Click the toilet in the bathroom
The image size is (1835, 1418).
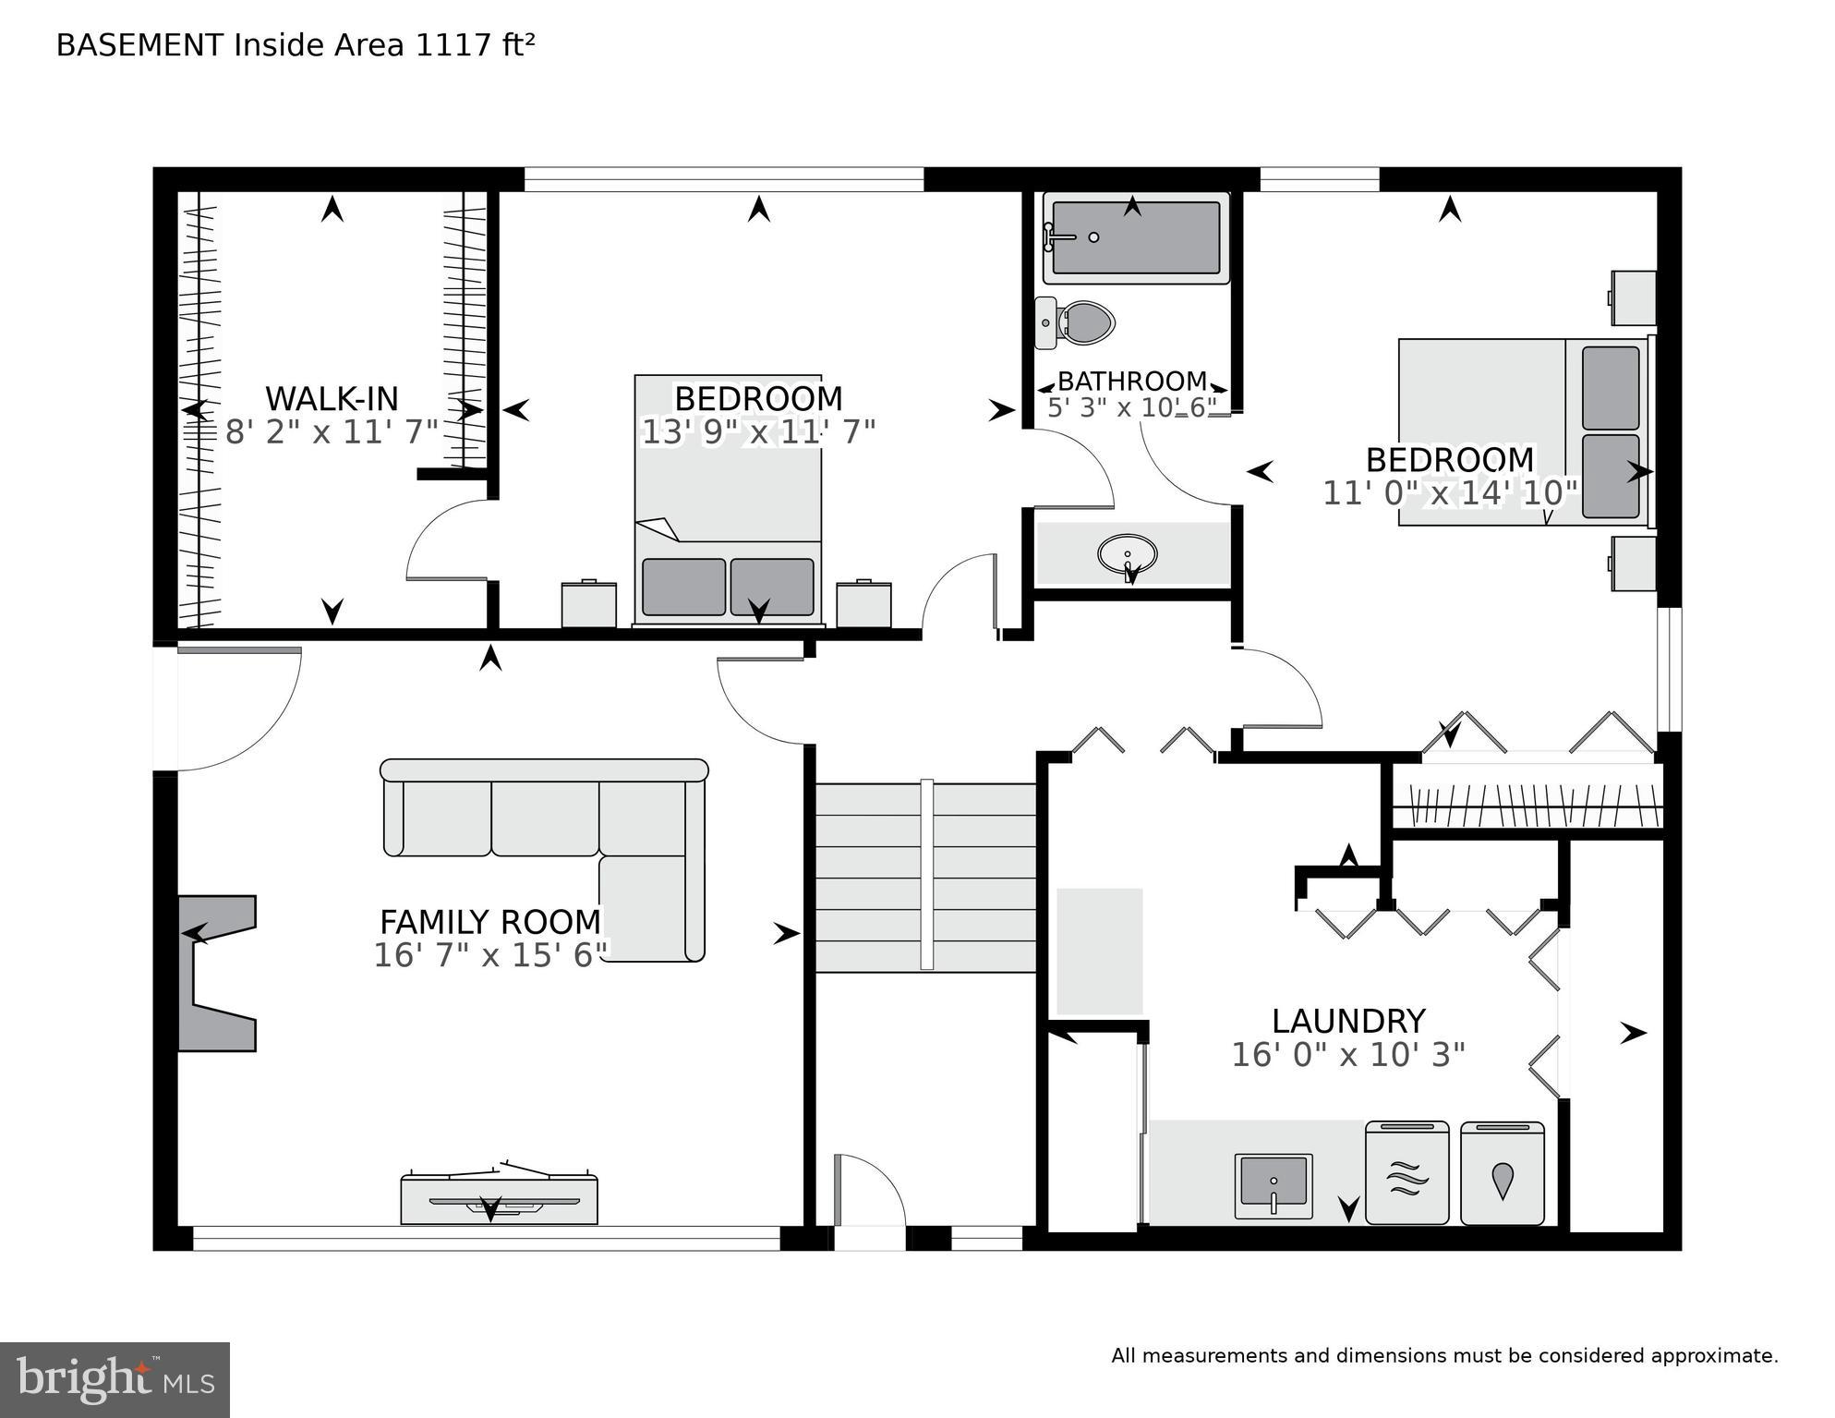click(1077, 322)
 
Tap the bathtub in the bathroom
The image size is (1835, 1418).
click(1135, 237)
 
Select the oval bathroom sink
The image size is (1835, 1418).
click(1127, 555)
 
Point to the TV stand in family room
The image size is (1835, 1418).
click(499, 1199)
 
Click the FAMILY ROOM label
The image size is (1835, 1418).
click(490, 922)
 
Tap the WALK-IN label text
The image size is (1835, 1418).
click(332, 399)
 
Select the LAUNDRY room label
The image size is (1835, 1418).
click(1348, 1021)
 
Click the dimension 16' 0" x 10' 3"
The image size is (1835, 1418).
click(1348, 1055)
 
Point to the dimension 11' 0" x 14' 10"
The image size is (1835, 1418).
click(1450, 493)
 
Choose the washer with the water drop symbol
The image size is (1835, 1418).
click(1503, 1173)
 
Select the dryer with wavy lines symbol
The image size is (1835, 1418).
click(1406, 1173)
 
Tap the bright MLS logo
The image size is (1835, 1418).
click(115, 1380)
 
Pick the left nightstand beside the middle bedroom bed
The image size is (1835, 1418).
click(589, 604)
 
